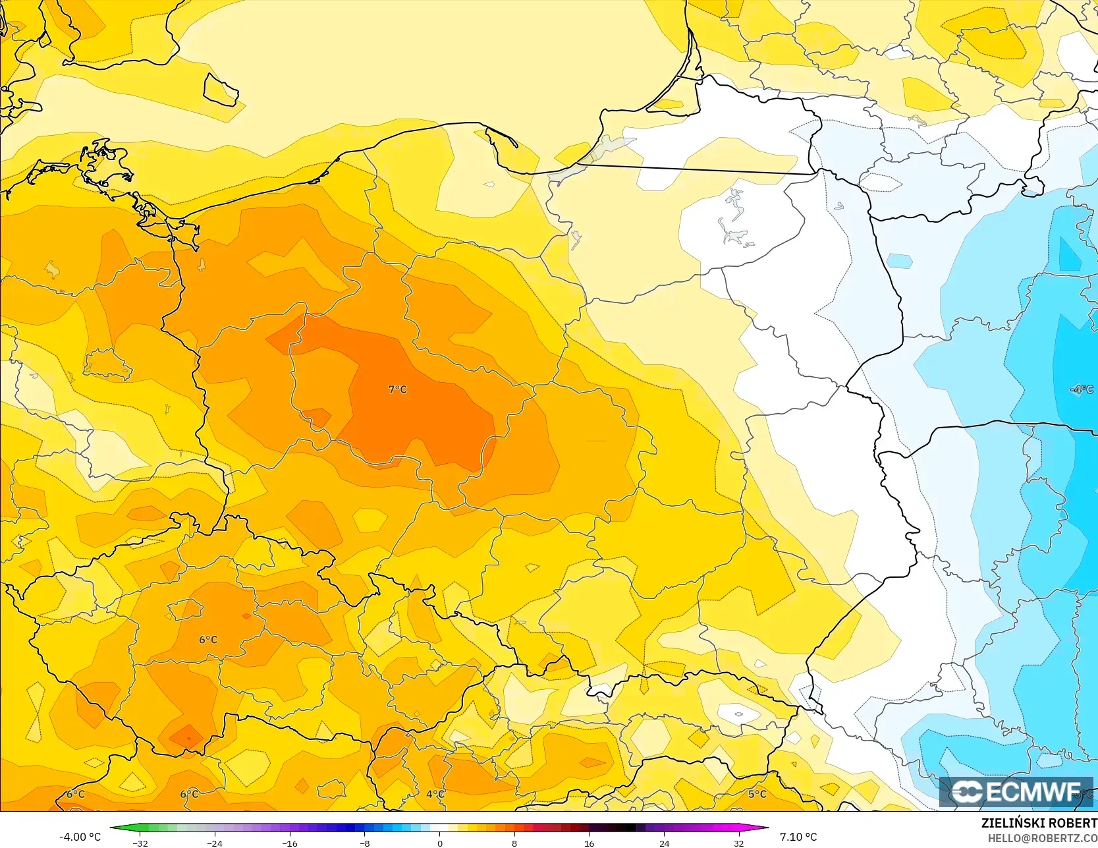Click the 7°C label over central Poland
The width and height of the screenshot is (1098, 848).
(397, 389)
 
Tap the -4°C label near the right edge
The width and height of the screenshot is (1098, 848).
(1081, 389)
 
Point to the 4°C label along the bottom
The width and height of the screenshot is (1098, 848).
(435, 794)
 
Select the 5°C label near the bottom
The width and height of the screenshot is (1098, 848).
(757, 794)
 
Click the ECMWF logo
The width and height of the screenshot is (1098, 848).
(1016, 792)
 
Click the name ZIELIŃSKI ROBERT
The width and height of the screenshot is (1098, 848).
(1039, 824)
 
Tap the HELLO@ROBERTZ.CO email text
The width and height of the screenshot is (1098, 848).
(1042, 838)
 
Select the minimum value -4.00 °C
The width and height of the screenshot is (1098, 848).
(80, 837)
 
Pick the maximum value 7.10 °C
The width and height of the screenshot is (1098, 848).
(798, 837)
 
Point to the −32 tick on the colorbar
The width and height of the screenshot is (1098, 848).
(140, 843)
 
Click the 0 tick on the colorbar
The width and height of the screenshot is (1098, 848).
(439, 843)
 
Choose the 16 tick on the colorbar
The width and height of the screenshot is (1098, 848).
(589, 843)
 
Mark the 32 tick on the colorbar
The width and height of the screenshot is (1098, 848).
(738, 843)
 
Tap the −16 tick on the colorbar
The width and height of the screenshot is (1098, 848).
(290, 843)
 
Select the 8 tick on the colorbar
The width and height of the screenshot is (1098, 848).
(514, 843)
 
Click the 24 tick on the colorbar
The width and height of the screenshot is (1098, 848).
(664, 843)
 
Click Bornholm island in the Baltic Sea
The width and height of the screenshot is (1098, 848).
(221, 90)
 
